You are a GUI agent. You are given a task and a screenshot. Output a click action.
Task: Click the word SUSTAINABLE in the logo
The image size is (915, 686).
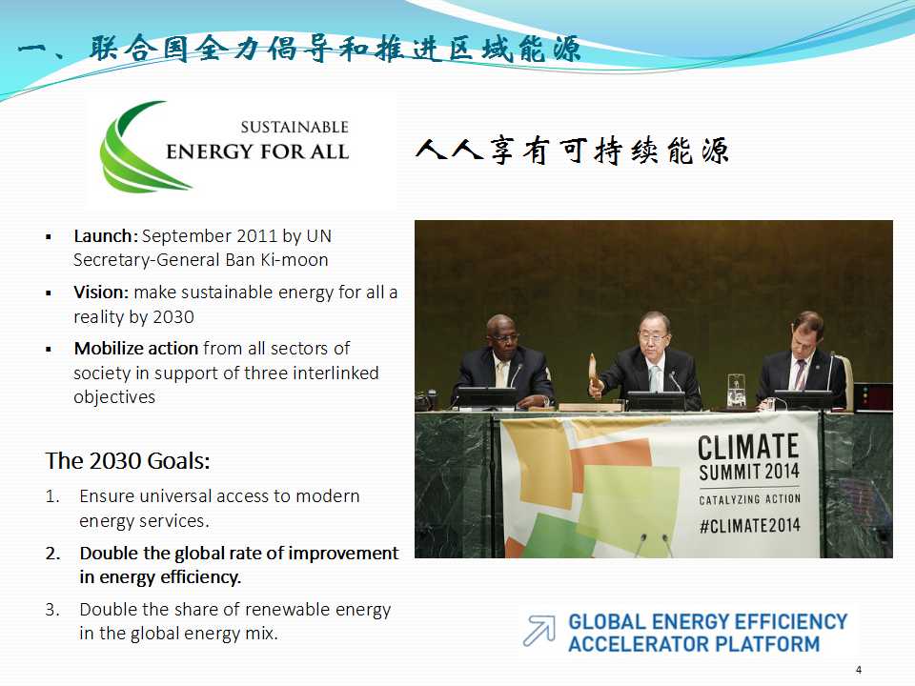295,127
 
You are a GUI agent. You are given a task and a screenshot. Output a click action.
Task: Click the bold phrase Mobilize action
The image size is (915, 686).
136,349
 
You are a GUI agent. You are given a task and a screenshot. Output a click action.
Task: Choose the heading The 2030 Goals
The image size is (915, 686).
127,461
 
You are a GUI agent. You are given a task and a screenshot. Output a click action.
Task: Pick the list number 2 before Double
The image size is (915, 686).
52,553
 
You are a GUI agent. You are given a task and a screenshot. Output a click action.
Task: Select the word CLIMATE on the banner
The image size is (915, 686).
748,448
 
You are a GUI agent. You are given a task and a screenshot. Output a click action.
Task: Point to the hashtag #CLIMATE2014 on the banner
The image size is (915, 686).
750,526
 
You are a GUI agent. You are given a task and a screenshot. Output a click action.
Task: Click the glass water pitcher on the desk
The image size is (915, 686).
737,392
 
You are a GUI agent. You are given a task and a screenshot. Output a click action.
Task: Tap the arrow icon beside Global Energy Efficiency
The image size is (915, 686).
539,631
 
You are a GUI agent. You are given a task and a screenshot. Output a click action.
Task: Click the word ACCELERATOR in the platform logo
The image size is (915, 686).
639,645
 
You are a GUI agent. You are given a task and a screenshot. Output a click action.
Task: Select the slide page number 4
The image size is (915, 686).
859,670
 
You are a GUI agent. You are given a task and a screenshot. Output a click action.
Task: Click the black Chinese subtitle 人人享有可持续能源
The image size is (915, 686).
573,151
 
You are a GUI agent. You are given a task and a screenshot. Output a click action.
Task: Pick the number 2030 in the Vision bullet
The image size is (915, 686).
173,316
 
